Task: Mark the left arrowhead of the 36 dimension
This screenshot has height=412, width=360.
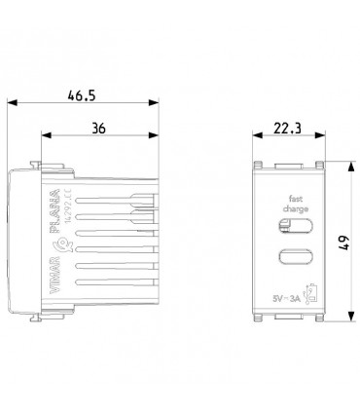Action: pos(41,138)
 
